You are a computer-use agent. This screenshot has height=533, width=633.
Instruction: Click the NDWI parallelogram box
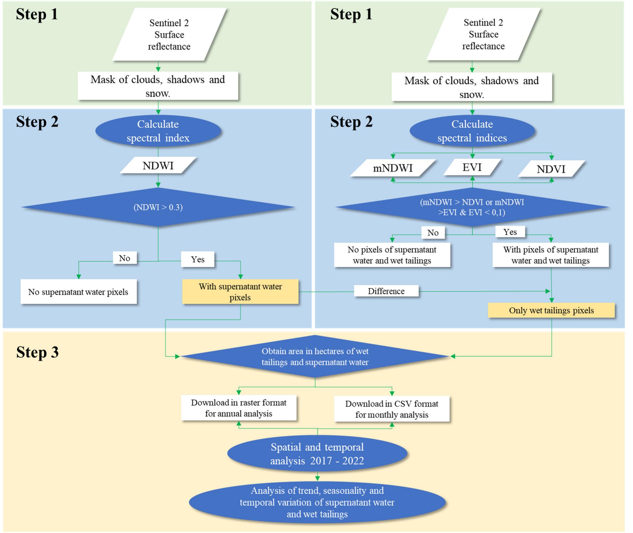click(x=158, y=165)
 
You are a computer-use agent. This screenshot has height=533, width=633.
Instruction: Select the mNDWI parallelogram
click(x=393, y=168)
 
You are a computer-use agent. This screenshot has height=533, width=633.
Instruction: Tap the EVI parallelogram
click(x=472, y=167)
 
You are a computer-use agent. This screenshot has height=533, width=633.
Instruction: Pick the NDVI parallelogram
click(x=551, y=169)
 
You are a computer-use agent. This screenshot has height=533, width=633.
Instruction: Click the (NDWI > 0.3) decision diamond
click(x=158, y=207)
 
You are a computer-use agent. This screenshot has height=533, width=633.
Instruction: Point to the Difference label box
click(x=386, y=291)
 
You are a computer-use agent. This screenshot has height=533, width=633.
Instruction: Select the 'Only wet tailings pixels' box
click(x=551, y=310)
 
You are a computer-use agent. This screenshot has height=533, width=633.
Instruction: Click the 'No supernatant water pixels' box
click(x=78, y=291)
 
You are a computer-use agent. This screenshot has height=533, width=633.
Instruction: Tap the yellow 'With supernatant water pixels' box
click(x=240, y=291)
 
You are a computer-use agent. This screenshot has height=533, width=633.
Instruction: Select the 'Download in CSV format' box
click(x=392, y=409)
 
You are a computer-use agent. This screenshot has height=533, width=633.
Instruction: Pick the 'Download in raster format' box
click(x=239, y=408)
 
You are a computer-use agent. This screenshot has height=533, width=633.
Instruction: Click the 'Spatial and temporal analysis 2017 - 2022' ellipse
click(x=317, y=454)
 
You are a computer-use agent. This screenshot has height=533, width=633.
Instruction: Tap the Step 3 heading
click(x=37, y=352)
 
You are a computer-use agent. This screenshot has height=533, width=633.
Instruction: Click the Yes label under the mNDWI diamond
click(x=510, y=232)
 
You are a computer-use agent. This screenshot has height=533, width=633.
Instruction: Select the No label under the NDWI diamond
click(x=125, y=258)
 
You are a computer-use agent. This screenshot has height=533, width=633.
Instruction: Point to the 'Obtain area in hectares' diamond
click(x=315, y=357)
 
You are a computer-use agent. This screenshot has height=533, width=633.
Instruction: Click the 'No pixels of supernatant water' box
click(x=392, y=255)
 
